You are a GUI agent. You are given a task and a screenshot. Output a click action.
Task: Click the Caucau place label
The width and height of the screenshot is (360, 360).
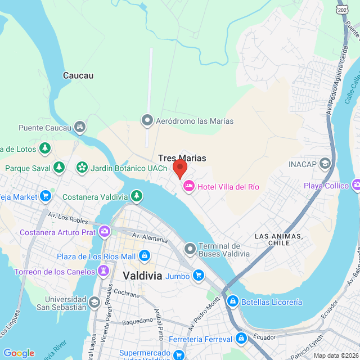pyautogui.click(x=78, y=75)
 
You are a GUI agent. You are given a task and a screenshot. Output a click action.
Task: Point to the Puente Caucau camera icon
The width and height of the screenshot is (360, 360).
pyautogui.click(x=81, y=127)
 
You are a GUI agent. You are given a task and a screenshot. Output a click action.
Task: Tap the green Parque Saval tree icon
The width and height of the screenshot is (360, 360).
pyautogui.click(x=58, y=168)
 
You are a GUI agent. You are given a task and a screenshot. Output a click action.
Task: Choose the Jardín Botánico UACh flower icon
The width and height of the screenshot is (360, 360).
pyautogui.click(x=82, y=168)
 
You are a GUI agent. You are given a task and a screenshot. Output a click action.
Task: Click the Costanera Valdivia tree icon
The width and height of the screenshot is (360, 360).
pyautogui.click(x=136, y=196)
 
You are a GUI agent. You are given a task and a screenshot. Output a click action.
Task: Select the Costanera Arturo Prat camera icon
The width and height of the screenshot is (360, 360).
pyautogui.click(x=105, y=232)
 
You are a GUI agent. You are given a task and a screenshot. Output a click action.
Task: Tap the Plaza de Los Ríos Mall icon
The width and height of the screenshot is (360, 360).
pyautogui.click(x=144, y=256)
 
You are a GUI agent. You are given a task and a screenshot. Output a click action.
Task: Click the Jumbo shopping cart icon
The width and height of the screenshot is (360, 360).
pyautogui.click(x=198, y=276)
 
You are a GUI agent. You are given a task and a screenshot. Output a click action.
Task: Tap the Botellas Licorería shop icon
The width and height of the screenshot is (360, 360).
pyautogui.click(x=232, y=302)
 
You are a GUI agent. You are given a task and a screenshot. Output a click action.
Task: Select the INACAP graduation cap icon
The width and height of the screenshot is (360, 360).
pyautogui.click(x=325, y=164)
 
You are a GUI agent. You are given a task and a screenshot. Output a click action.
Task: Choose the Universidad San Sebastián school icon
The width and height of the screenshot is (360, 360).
pyautogui.click(x=94, y=303)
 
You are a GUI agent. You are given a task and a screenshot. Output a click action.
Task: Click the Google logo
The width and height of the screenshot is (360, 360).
pyautogui.click(x=19, y=353)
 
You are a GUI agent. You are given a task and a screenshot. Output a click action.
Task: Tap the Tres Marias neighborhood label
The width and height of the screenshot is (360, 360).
pyautogui.click(x=181, y=158)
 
